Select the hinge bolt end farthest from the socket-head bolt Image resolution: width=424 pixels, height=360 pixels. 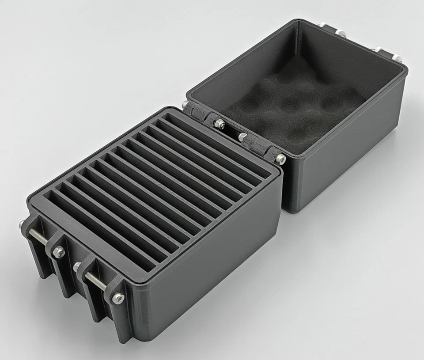(x=185, y=105)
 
